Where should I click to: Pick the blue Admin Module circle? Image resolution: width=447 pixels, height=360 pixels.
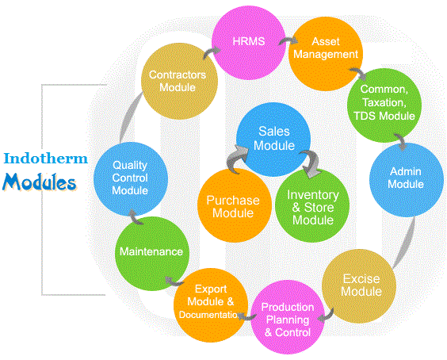coord(407,178)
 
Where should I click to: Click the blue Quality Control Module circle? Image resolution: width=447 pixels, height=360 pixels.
coord(130,178)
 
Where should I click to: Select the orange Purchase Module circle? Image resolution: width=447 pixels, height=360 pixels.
coord(234,206)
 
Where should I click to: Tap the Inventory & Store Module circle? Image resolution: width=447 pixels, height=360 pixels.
coord(312,206)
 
